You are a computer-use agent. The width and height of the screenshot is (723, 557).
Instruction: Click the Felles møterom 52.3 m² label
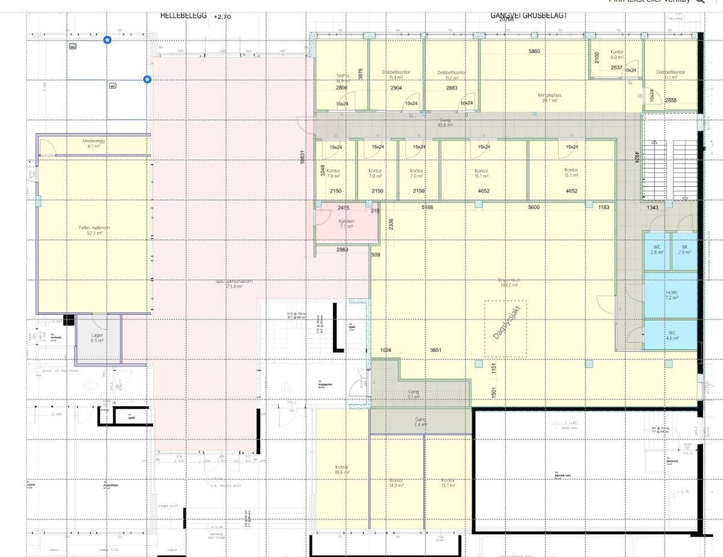point(94,230)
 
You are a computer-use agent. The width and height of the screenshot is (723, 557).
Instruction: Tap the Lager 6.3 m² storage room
point(98,338)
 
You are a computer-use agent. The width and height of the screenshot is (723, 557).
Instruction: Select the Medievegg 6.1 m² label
point(93,143)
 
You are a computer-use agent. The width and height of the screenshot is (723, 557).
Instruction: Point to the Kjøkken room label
point(346,224)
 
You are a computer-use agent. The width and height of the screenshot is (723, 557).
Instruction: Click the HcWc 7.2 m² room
point(671,295)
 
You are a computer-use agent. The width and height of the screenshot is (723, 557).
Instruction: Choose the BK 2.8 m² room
point(684,250)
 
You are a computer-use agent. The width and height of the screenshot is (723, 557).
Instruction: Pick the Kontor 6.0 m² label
point(617,55)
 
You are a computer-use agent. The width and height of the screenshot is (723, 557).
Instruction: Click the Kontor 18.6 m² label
point(342,470)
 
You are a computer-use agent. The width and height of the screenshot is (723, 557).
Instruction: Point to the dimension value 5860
point(534,52)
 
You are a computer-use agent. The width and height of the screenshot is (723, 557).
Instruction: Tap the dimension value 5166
point(428,207)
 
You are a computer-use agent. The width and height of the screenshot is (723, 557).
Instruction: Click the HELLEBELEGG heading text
point(184,17)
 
